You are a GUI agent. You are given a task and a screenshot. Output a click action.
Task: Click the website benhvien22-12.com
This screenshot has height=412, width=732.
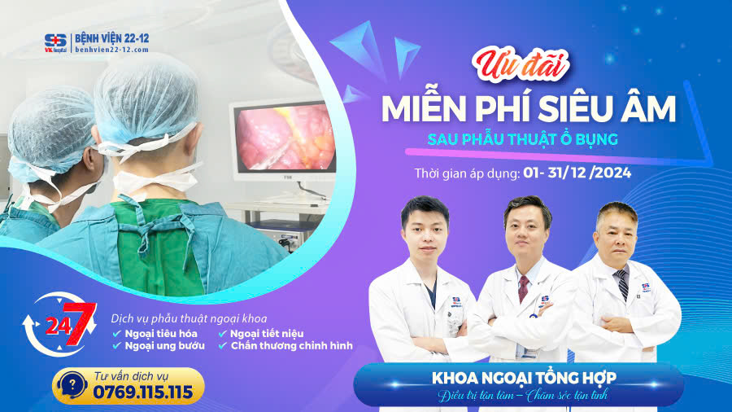[111, 50]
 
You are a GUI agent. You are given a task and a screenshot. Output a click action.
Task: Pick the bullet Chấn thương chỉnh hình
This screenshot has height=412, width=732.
[291, 345]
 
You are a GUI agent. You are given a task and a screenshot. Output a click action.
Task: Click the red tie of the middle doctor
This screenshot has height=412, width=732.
[524, 288]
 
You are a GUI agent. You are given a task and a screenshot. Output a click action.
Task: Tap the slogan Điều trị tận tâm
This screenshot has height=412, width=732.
[473, 396]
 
